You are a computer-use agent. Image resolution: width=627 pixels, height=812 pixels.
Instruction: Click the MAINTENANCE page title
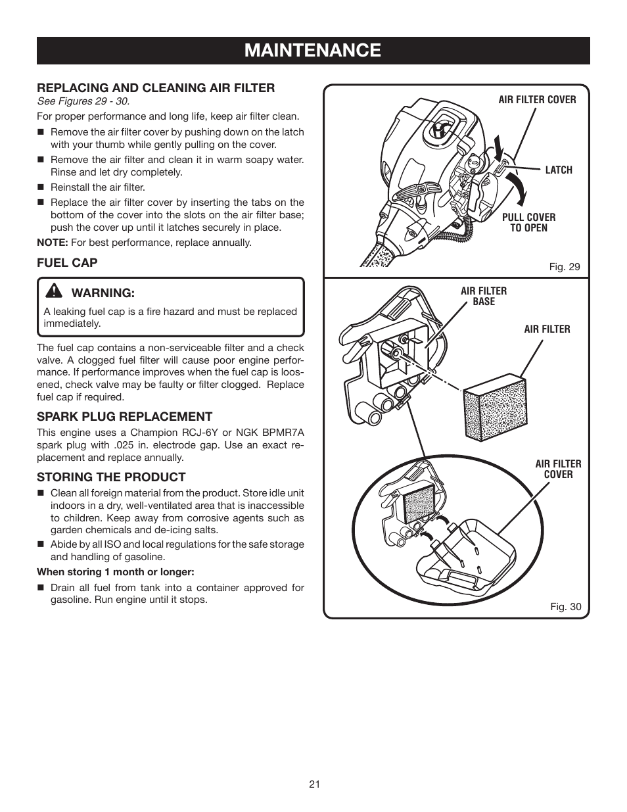click(313, 50)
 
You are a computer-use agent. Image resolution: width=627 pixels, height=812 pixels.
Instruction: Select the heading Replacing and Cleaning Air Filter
click(156, 88)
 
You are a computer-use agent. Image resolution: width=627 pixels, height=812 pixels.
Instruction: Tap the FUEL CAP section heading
click(67, 263)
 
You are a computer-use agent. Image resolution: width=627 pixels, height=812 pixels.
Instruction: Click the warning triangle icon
click(55, 291)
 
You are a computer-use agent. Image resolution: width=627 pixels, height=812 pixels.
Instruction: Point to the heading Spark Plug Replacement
click(124, 416)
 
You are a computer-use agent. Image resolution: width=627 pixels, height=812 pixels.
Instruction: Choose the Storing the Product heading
click(111, 477)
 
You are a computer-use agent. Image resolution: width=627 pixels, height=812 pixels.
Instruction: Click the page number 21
click(313, 784)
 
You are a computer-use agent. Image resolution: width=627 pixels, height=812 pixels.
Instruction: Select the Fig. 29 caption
click(565, 267)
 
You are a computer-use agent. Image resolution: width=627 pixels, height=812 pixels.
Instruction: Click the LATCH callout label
click(559, 170)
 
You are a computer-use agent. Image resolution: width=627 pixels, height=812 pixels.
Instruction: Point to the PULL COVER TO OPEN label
click(528, 223)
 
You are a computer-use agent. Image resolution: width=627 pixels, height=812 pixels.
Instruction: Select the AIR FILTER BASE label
click(484, 297)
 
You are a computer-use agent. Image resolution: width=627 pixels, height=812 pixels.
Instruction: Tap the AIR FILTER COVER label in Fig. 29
click(537, 100)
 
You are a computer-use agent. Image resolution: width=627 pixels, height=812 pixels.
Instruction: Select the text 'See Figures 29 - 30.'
click(83, 101)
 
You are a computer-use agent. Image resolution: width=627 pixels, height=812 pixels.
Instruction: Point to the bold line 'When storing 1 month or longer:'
click(115, 572)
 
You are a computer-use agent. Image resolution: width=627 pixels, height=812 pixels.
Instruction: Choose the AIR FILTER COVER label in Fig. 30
click(558, 469)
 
